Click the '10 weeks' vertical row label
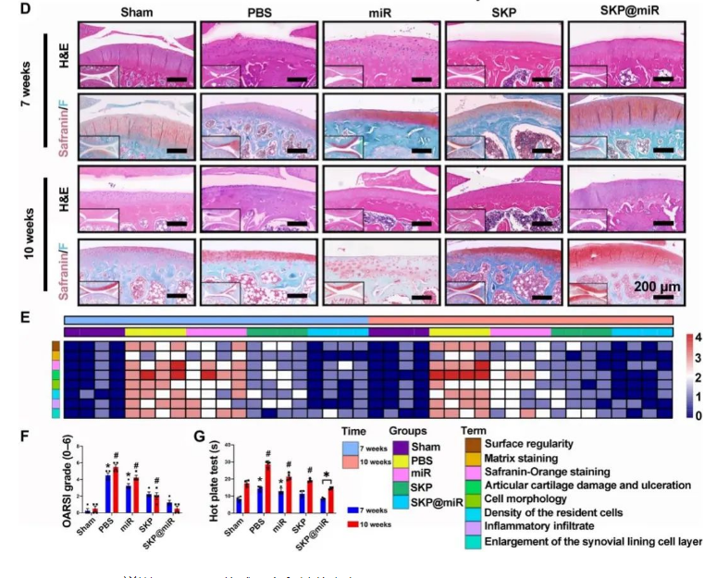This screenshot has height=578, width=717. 29,230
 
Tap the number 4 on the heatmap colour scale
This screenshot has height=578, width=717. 698,337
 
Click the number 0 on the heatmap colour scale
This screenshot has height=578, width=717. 698,416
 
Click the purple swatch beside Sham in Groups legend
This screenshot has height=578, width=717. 402,447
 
